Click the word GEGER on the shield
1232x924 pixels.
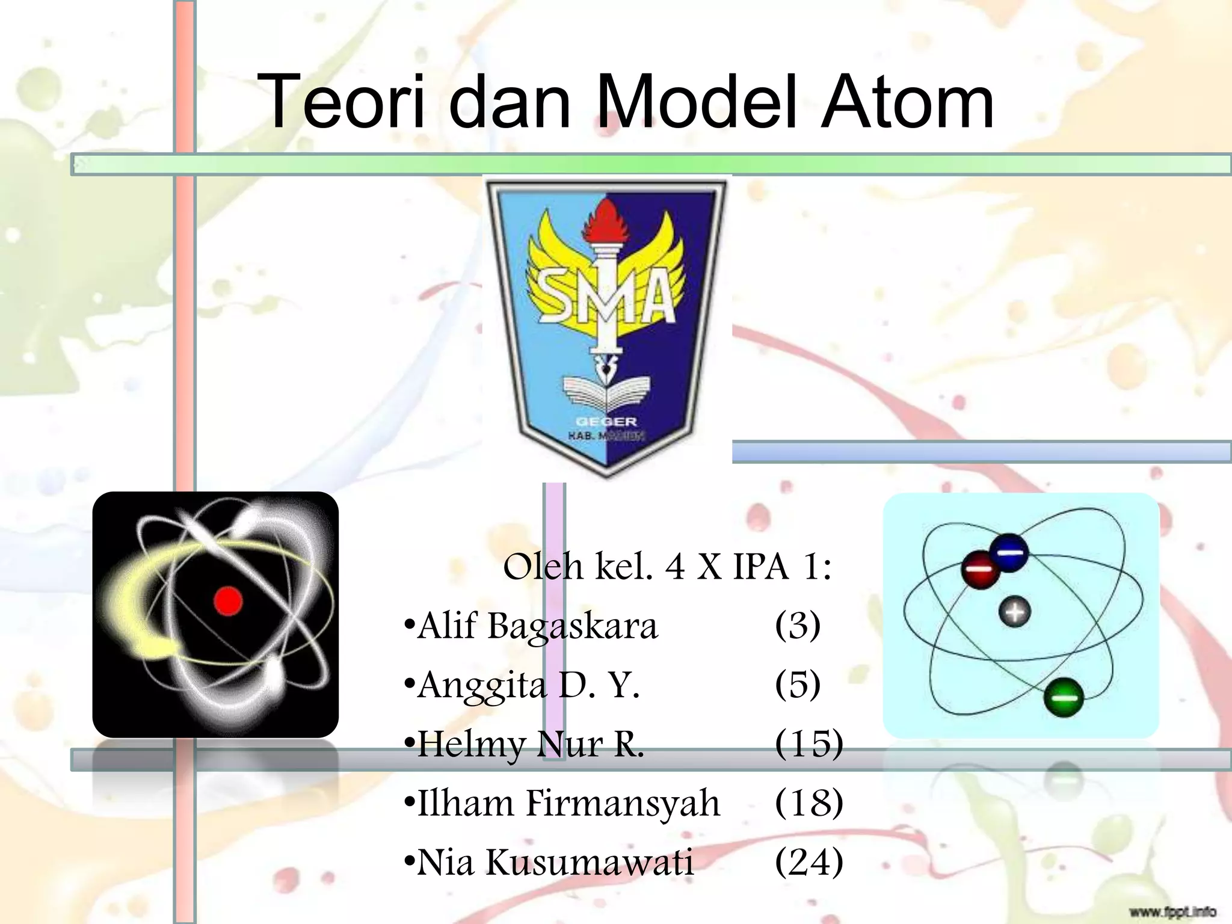[x=606, y=421]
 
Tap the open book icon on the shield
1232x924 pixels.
[x=606, y=394]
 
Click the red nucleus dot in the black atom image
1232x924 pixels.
[x=228, y=601]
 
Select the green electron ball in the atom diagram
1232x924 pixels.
[x=1064, y=697]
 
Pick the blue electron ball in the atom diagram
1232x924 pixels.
[x=1010, y=552]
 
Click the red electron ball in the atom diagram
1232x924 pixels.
[x=980, y=568]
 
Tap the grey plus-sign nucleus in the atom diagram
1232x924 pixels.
[x=1015, y=612]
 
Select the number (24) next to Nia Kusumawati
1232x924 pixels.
[x=808, y=861]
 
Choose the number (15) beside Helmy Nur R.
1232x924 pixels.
[x=808, y=744]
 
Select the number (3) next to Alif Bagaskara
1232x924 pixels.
[x=797, y=626]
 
